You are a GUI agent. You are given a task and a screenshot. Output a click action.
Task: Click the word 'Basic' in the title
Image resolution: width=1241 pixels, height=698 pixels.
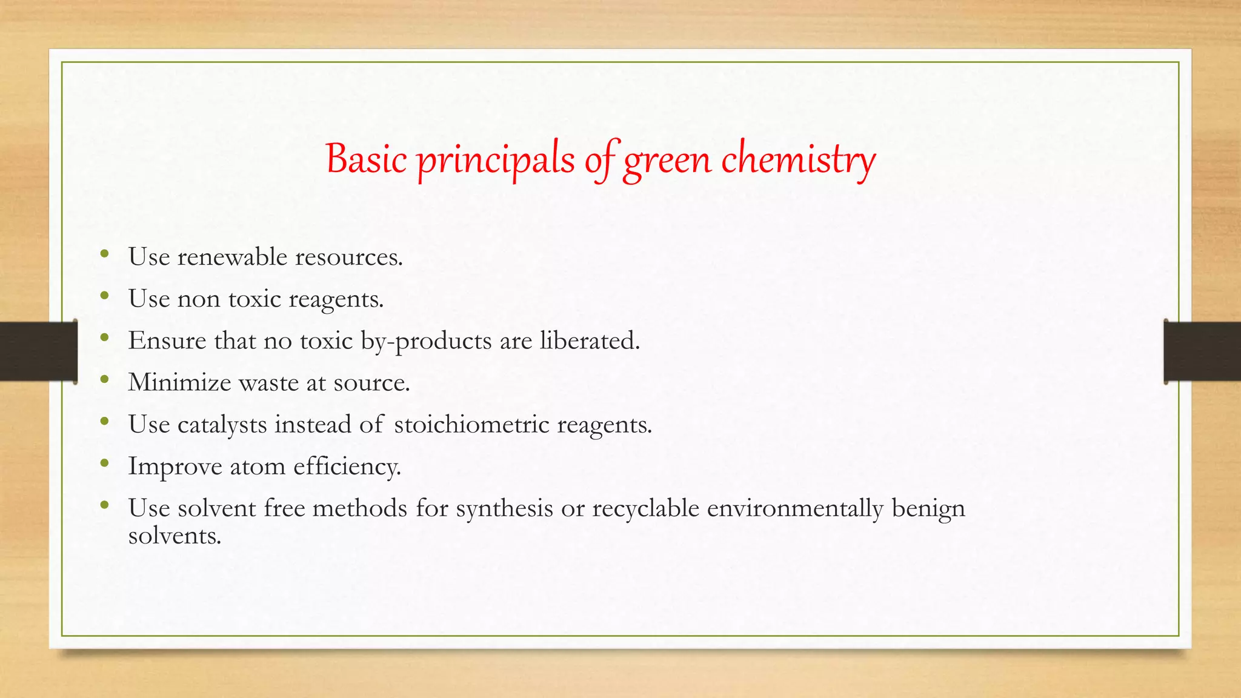[x=365, y=159]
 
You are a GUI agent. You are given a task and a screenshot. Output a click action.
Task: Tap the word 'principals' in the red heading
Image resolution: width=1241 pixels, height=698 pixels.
[x=496, y=161]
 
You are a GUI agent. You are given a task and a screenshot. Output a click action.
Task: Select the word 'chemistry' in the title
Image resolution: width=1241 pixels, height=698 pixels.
[x=798, y=161]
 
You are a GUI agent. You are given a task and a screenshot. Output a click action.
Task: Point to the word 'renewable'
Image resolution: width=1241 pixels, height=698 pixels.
[x=232, y=257]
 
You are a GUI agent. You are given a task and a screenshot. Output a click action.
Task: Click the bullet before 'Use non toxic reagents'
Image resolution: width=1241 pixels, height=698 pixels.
[x=105, y=296]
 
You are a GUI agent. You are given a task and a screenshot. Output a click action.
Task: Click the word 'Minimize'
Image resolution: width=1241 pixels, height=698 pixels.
[x=179, y=382]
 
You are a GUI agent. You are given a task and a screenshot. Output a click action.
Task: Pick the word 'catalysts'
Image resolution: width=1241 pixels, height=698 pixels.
[x=222, y=425]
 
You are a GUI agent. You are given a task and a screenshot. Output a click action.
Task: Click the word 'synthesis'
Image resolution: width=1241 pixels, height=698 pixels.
[x=504, y=508]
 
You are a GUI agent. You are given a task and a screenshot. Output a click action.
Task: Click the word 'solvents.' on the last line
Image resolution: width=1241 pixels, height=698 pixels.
[x=175, y=536]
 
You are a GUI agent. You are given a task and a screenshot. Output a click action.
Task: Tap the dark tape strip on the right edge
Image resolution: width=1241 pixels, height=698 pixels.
[x=1202, y=351]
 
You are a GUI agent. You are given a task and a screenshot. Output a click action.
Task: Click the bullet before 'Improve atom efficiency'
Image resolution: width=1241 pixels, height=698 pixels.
[x=105, y=464]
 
